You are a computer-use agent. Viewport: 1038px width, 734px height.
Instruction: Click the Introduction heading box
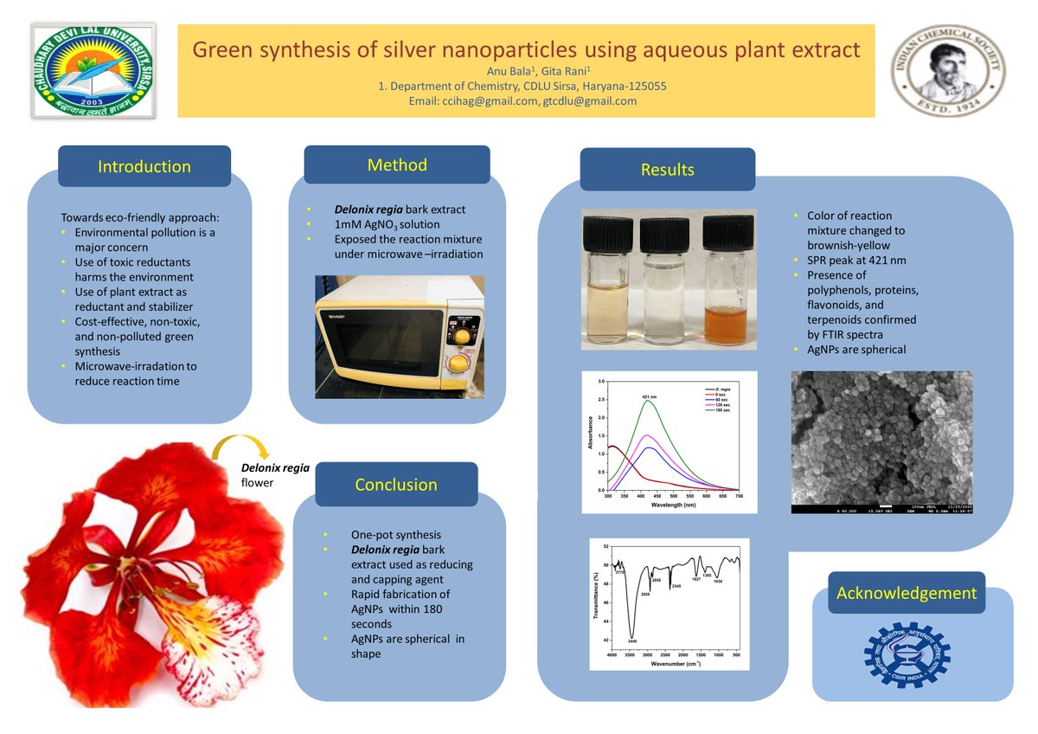(x=144, y=167)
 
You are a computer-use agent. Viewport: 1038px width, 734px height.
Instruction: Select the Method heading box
(x=397, y=164)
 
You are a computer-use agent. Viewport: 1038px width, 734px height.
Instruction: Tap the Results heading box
(x=667, y=170)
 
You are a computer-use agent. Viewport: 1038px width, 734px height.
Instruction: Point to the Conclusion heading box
(x=396, y=485)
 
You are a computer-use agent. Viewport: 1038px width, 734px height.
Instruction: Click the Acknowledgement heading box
(x=906, y=594)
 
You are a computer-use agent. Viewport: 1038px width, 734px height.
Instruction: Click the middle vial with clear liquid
(x=666, y=281)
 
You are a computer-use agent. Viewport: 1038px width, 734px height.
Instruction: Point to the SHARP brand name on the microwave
(x=335, y=317)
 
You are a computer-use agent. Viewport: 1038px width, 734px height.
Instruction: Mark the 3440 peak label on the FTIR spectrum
(x=632, y=641)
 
